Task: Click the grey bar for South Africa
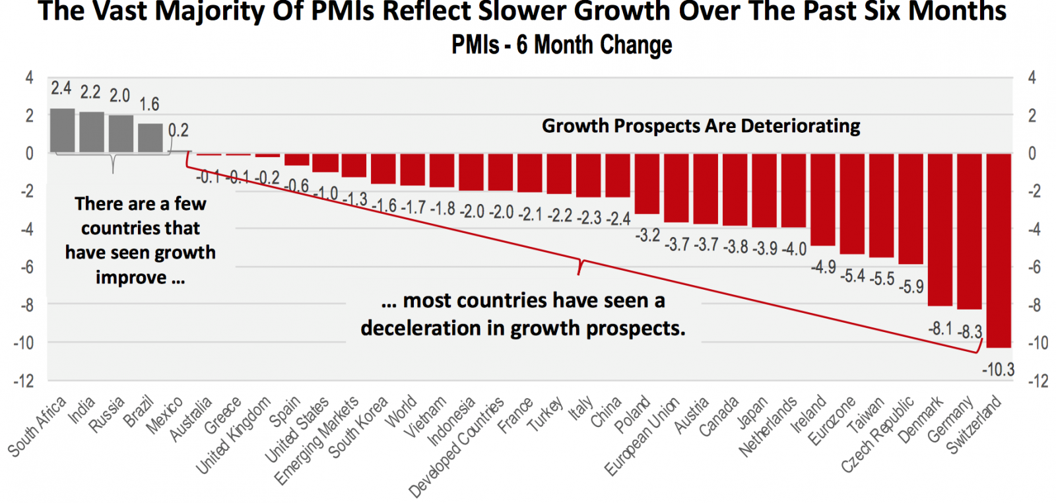[x=63, y=131]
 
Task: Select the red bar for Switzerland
[x=998, y=250]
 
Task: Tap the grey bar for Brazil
[x=150, y=138]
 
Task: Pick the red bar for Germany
[x=969, y=231]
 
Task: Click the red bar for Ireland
[x=822, y=199]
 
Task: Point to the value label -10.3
[x=998, y=370]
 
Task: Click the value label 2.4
[x=61, y=88]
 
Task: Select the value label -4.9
[x=823, y=267]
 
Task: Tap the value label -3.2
[x=647, y=235]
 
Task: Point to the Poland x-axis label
[x=632, y=415]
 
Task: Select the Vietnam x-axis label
[x=425, y=417]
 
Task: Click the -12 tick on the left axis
[x=23, y=381]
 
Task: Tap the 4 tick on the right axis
[x=1032, y=78]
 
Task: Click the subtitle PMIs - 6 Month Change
[x=562, y=46]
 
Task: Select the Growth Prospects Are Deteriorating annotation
[x=701, y=126]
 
